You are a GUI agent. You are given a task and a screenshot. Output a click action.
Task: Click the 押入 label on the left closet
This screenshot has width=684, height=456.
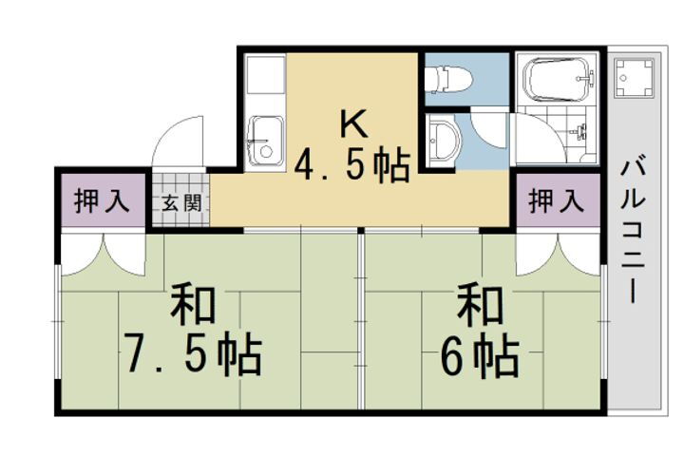click(102, 201)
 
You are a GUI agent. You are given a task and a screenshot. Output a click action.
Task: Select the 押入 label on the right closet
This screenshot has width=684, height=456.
click(556, 201)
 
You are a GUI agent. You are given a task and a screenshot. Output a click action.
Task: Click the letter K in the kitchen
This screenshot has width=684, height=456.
click(352, 123)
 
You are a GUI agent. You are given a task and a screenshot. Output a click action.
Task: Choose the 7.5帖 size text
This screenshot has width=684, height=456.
click(193, 356)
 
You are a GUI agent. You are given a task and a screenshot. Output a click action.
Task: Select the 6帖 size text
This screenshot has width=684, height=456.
click(480, 356)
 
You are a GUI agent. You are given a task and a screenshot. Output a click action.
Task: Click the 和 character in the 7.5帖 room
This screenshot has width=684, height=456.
click(193, 306)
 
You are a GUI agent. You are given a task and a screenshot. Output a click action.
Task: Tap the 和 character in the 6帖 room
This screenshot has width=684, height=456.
click(480, 306)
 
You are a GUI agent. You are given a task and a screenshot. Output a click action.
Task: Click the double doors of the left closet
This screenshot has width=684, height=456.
click(102, 253)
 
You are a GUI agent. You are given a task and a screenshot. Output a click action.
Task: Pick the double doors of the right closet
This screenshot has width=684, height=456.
click(558, 253)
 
